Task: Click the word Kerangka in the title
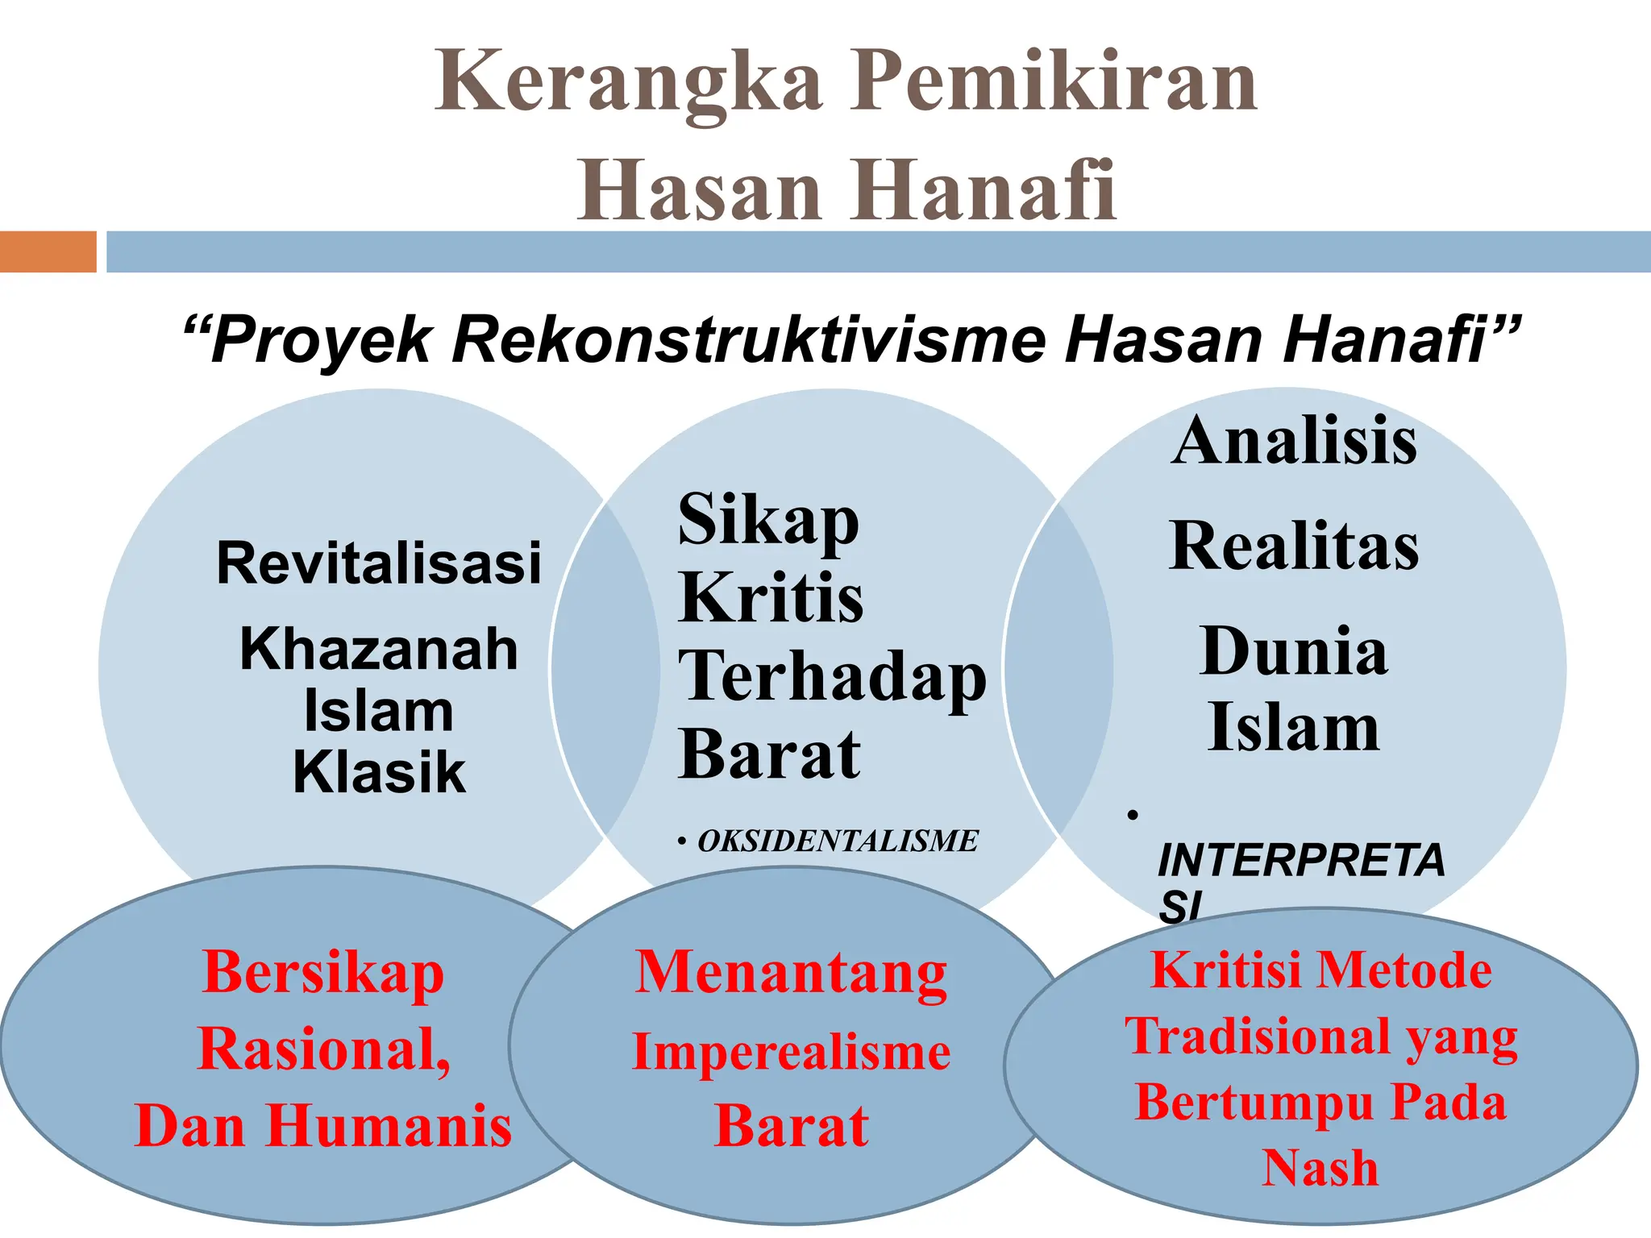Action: click(629, 83)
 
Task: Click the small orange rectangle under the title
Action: click(48, 251)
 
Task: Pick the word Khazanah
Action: click(379, 649)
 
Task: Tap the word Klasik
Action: click(379, 772)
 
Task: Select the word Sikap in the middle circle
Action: click(768, 520)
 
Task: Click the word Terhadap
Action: click(832, 677)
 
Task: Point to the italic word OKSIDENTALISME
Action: click(838, 841)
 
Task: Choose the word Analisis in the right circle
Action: click(1294, 441)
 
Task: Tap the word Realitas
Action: click(1294, 546)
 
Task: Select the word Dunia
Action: click(1294, 651)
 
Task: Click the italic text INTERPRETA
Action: click(1301, 860)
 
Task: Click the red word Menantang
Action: click(791, 973)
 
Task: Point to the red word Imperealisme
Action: click(791, 1052)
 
